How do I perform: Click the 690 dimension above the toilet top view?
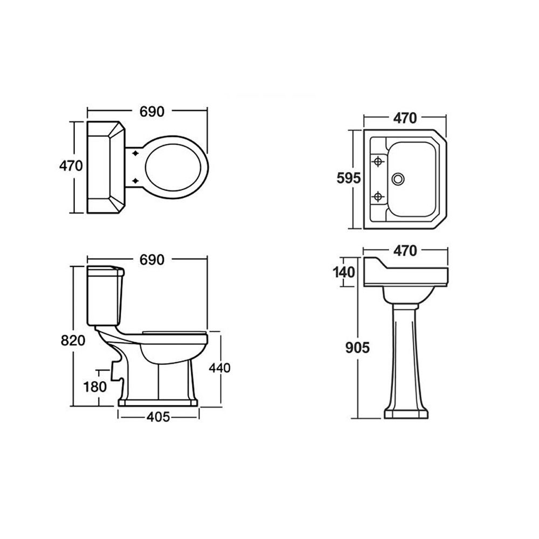[x=152, y=112]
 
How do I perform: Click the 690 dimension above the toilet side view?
[x=152, y=260]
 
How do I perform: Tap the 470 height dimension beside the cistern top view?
[x=71, y=166]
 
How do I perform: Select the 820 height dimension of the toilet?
[x=73, y=340]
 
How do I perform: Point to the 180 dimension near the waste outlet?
[x=95, y=387]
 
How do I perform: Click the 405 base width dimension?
[x=158, y=417]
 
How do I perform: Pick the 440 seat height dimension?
[x=220, y=368]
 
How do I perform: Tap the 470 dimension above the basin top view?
[x=405, y=118]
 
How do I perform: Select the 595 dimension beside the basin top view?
[x=349, y=178]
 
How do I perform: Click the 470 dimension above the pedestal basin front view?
[x=405, y=251]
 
